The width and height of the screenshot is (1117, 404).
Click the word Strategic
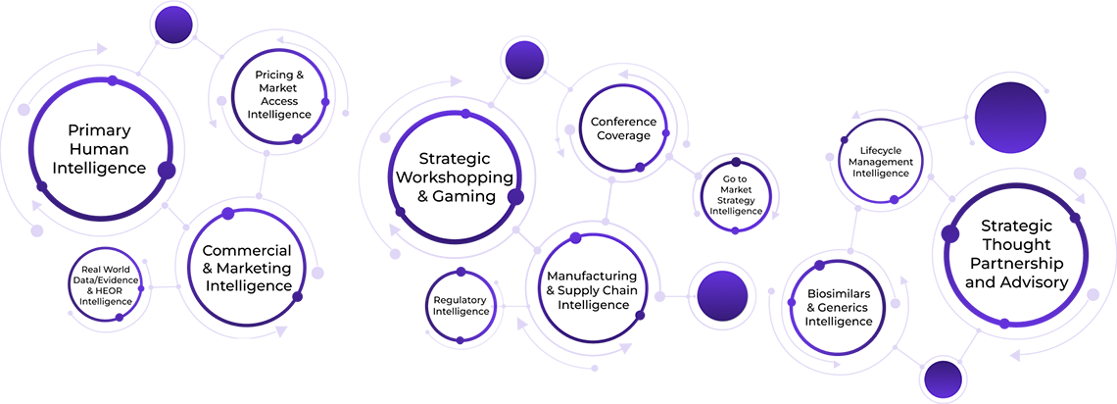pyautogui.click(x=454, y=158)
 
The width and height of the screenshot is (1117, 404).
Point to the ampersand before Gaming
pyautogui.click(x=423, y=196)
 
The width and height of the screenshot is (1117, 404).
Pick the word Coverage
pyautogui.click(x=623, y=135)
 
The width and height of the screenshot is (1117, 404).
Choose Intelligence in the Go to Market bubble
pyautogui.click(x=738, y=211)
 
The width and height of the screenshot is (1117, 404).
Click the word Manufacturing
pyautogui.click(x=598, y=276)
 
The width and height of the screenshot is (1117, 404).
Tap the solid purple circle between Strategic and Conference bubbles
pyautogui.click(x=523, y=60)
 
